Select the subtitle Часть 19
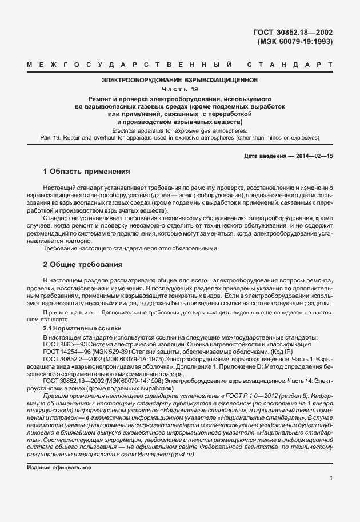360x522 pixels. click(179, 89)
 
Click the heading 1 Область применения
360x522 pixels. click(87, 172)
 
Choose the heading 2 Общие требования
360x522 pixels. click(83, 265)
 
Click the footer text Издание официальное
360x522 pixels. click(59, 468)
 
